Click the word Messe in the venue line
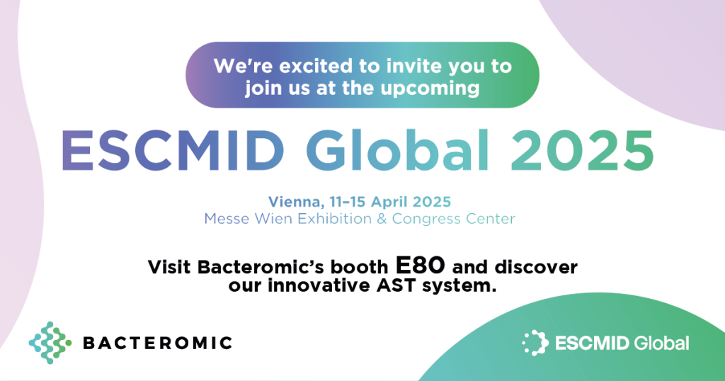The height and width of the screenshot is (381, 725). click(x=225, y=219)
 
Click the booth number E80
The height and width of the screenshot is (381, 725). click(x=421, y=267)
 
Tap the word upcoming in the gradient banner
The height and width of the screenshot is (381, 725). click(x=439, y=89)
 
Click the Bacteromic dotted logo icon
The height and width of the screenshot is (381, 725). click(x=50, y=343)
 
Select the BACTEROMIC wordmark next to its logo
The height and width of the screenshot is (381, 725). click(x=157, y=343)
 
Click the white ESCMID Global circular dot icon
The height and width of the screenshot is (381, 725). click(x=535, y=343)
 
